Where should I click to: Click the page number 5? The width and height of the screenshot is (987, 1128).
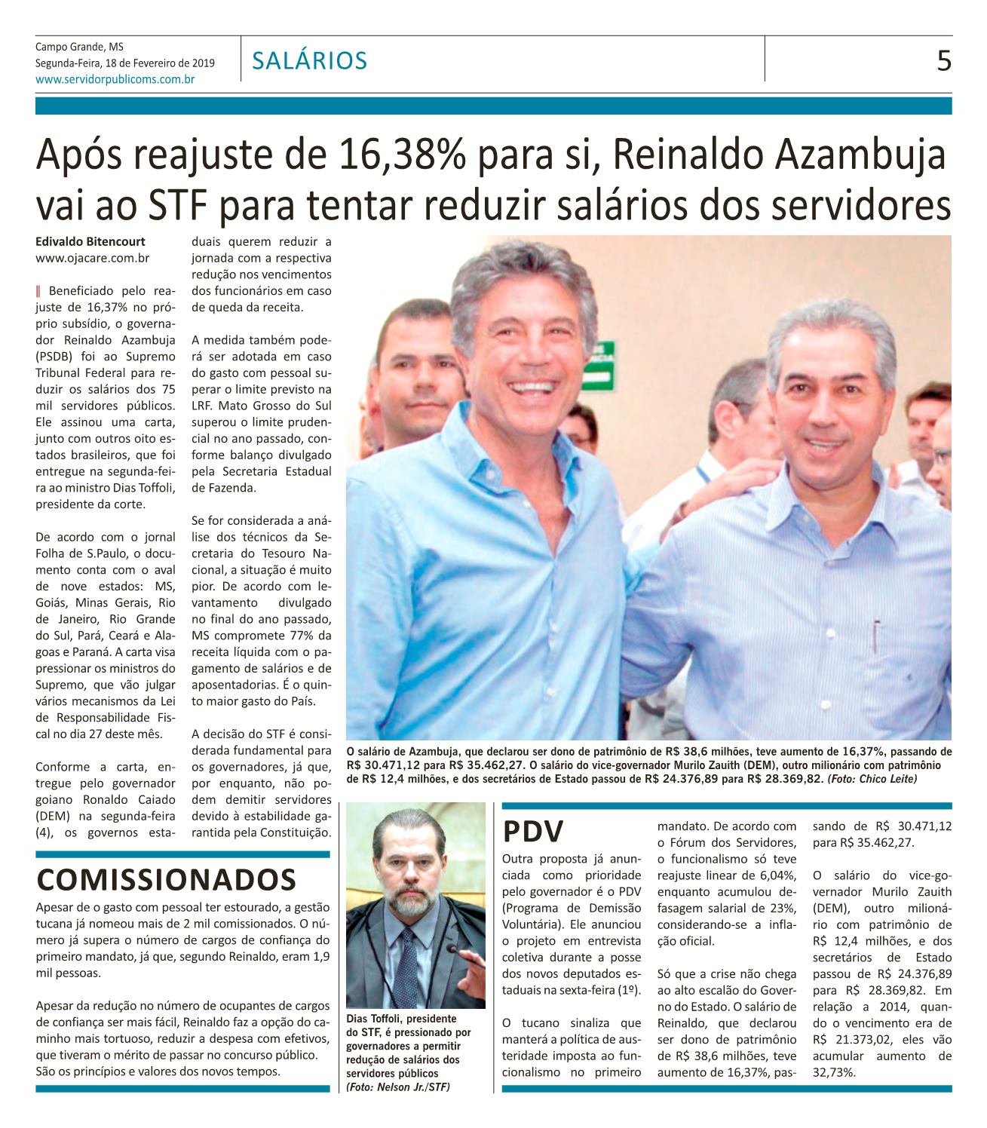coord(943,60)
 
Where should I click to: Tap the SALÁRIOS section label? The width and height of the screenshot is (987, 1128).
coord(310,60)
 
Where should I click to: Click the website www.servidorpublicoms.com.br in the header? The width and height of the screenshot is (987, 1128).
coord(115,78)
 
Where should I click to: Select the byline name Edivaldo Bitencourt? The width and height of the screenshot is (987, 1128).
coord(90,242)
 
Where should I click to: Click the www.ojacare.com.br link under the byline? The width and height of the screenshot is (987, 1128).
coord(93,258)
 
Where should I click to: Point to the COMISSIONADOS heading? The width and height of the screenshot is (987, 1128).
coord(166,878)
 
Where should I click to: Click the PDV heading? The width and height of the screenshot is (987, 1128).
coord(534,832)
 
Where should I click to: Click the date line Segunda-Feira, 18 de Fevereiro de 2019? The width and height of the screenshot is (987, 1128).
coord(124,63)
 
